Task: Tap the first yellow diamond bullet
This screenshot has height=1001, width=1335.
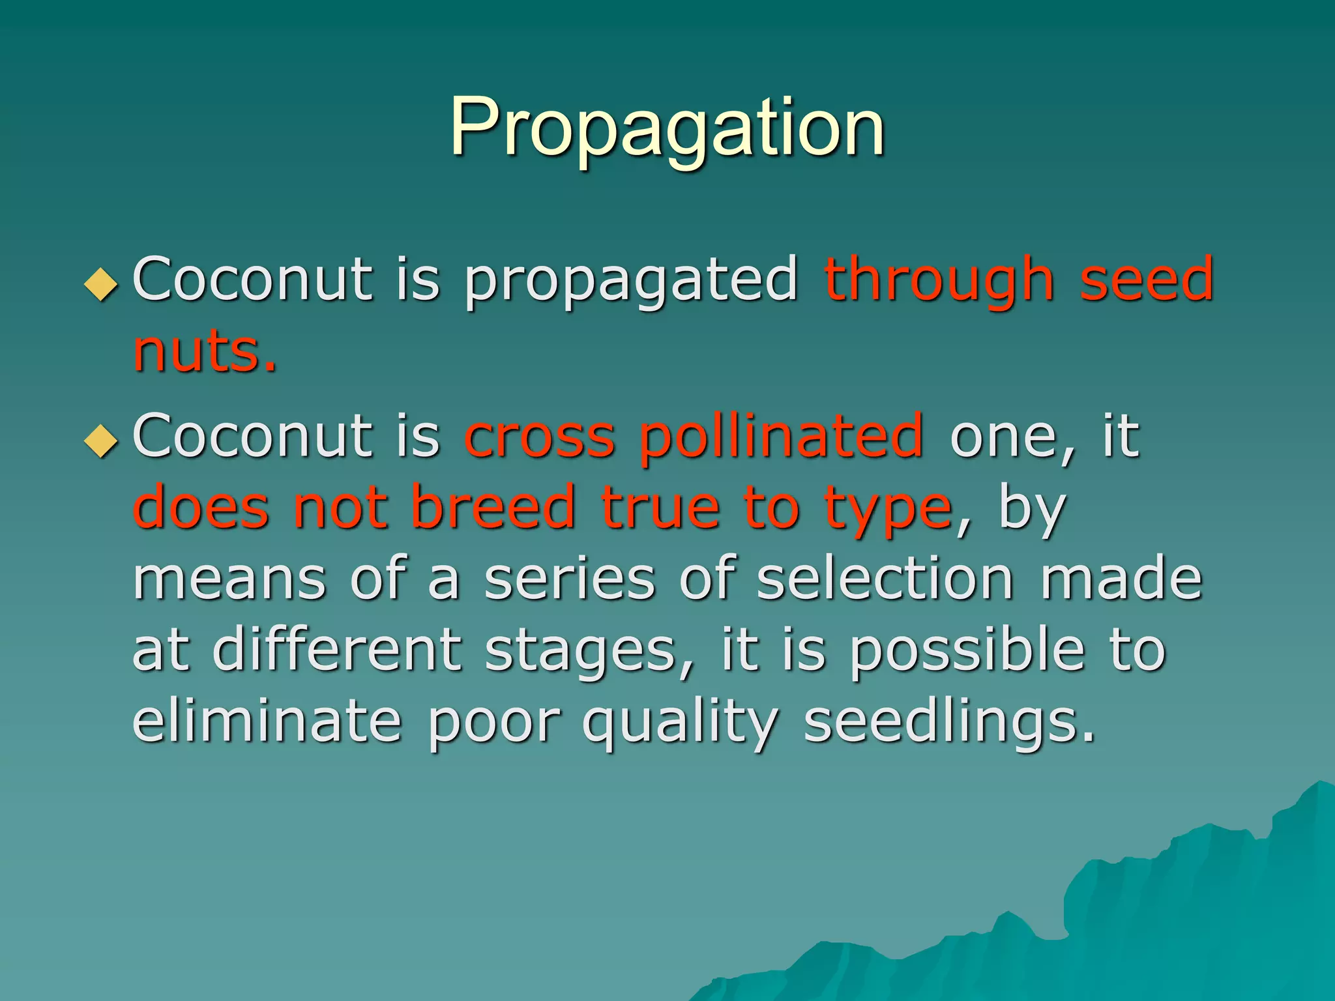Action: point(102,284)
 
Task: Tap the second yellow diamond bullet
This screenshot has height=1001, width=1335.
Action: point(102,441)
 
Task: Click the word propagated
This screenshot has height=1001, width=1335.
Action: point(630,282)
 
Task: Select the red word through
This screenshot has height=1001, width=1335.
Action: point(939,282)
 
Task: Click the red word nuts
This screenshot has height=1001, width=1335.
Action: point(205,353)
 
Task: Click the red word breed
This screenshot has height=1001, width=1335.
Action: point(493,508)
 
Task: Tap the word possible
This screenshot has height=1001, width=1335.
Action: point(967,652)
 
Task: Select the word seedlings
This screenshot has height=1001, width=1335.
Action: point(948,723)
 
